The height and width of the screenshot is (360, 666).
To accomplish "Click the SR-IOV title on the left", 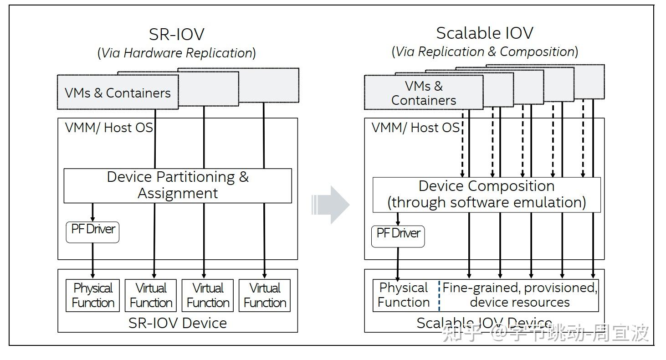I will (x=176, y=34).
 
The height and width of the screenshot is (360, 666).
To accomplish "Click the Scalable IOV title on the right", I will (x=484, y=33).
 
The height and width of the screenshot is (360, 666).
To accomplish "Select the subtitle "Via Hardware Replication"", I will (x=176, y=53).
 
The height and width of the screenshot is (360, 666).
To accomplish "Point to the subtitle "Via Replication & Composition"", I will (x=485, y=51).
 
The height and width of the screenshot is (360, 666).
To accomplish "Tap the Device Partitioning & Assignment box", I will (x=178, y=185).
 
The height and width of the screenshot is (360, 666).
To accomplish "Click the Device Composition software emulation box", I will (x=487, y=194).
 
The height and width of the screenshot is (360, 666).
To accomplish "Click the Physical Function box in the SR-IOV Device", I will (x=93, y=295).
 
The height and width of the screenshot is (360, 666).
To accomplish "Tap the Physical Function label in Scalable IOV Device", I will (x=404, y=295).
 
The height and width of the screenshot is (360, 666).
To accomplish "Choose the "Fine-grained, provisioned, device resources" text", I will (x=520, y=295).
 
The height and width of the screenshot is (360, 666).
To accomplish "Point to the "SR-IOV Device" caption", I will (x=178, y=323).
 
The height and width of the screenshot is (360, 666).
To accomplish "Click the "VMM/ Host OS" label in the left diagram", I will (x=109, y=128).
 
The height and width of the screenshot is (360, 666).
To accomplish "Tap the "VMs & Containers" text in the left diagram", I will (x=118, y=93).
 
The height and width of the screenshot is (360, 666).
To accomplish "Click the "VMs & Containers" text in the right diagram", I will (x=424, y=93).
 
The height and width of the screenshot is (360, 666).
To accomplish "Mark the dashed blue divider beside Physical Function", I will (x=440, y=295).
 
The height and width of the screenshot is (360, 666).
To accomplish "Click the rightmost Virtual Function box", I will (x=265, y=295).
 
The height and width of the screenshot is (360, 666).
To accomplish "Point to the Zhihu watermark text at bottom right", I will (x=545, y=333).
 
